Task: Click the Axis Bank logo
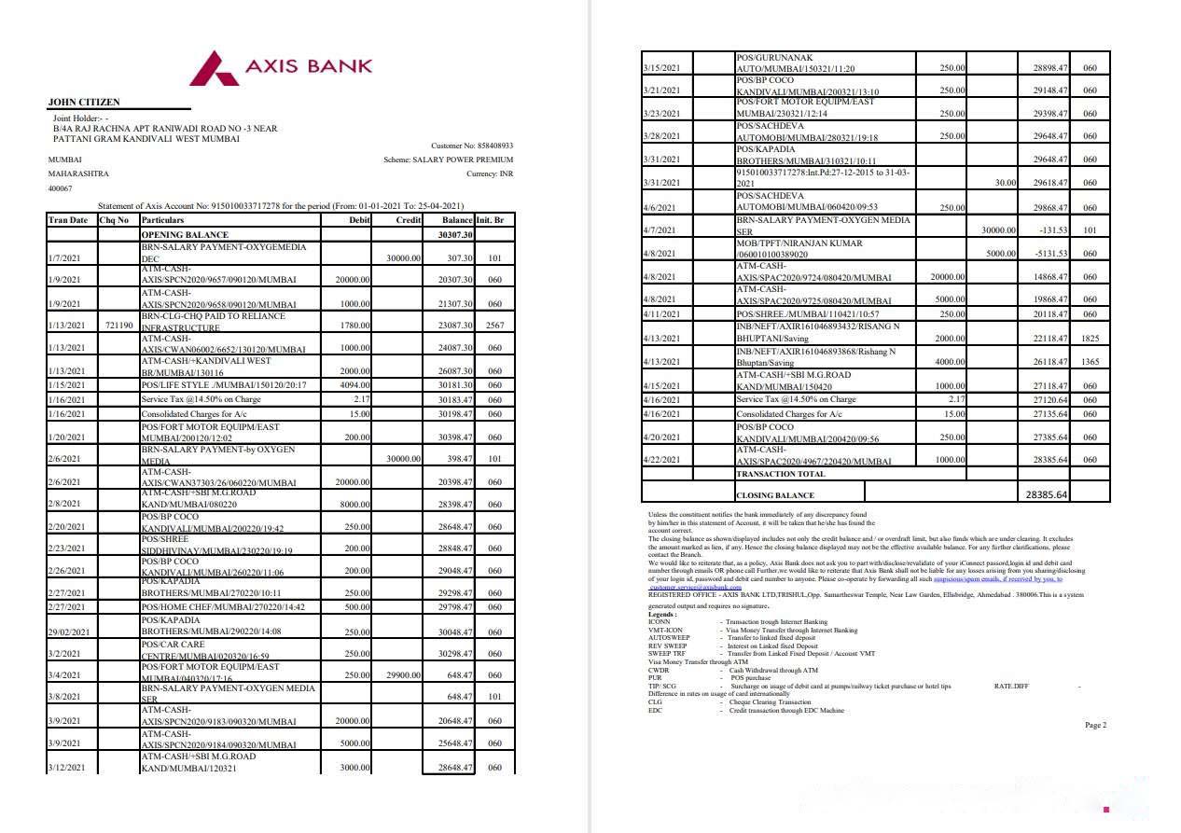[281, 68]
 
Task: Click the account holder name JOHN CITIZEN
[83, 102]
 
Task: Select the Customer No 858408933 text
[472, 146]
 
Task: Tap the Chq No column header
[114, 220]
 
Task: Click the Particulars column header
[163, 220]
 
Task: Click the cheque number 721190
[118, 326]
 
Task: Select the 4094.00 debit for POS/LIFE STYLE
[353, 385]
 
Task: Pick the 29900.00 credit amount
[403, 674]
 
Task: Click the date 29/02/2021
[70, 632]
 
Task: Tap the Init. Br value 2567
[494, 326]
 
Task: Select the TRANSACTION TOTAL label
[781, 474]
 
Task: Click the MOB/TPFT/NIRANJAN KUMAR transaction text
[799, 243]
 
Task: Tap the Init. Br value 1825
[1090, 338]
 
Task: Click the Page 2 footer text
[1095, 725]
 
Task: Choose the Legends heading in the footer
[663, 615]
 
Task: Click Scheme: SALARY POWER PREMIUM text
[448, 160]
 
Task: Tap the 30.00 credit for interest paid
[1004, 184]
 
